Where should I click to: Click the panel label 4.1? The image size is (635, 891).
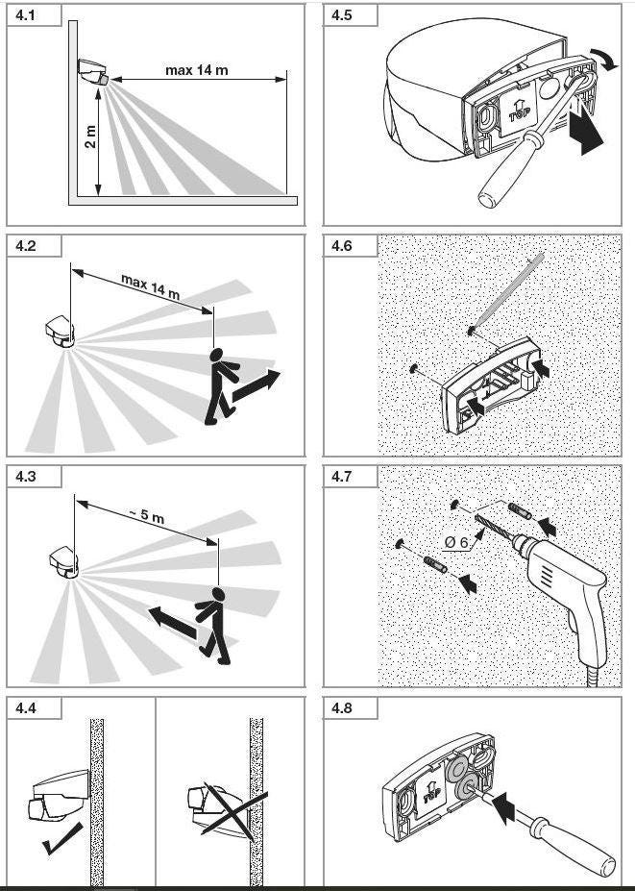[x=26, y=15]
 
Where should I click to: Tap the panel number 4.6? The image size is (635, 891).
[x=342, y=247]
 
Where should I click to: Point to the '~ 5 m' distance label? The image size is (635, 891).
[x=146, y=516]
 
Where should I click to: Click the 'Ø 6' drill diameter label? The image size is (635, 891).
[x=456, y=543]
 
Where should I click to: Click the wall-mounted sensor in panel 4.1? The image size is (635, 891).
[x=94, y=72]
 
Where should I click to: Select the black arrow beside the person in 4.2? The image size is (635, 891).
[x=256, y=386]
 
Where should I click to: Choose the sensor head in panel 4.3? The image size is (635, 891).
[x=63, y=562]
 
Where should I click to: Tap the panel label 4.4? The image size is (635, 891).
[x=26, y=708]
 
